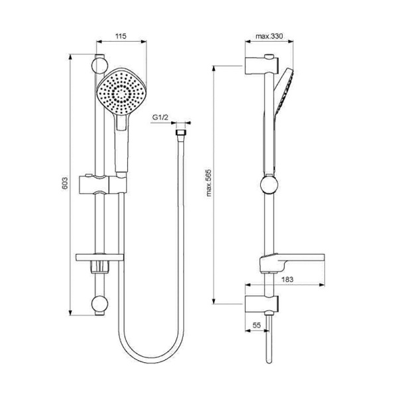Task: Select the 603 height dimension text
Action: (x=65, y=184)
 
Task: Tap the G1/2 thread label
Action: (x=160, y=117)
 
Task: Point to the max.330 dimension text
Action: (x=269, y=36)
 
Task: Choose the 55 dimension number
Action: (x=256, y=326)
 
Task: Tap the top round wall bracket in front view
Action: (x=99, y=64)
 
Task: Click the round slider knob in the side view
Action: (x=269, y=184)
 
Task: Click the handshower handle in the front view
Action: (x=121, y=146)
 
